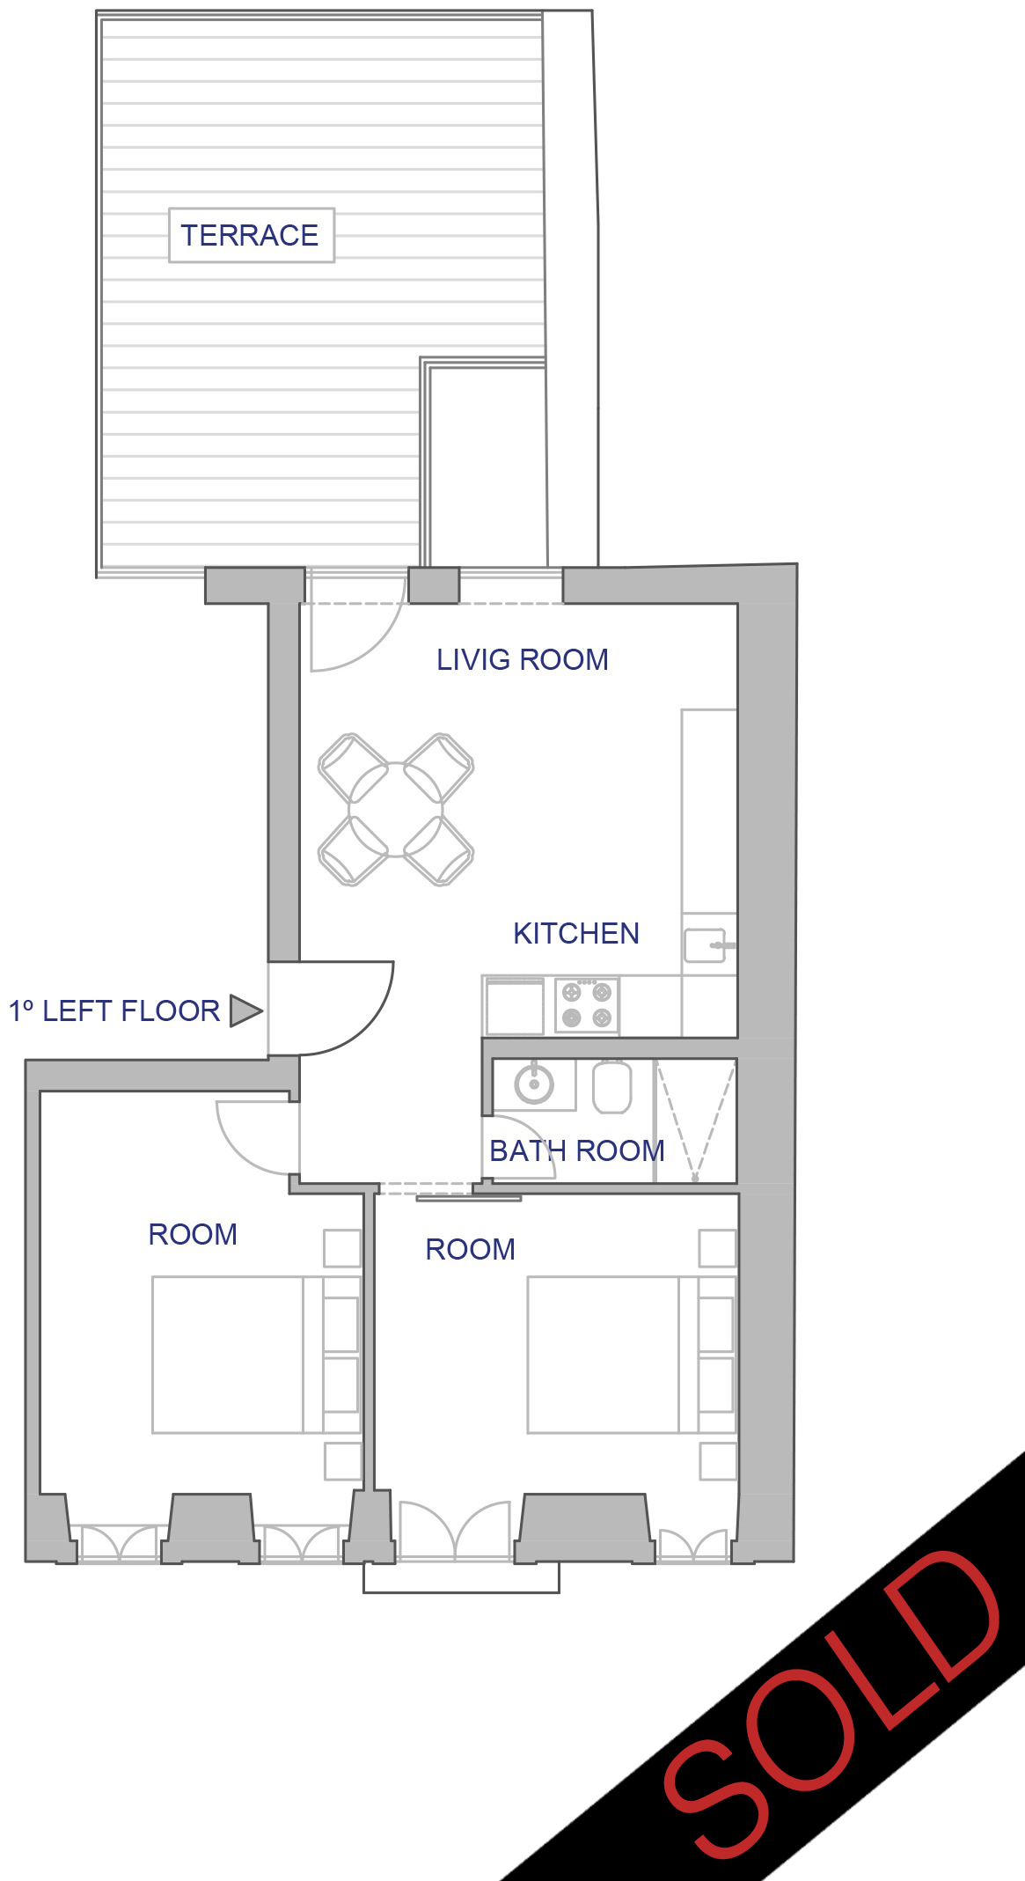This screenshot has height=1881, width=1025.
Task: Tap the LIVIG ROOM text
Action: [523, 659]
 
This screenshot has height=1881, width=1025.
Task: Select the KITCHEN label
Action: [576, 933]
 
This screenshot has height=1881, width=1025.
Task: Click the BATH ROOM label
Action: [577, 1150]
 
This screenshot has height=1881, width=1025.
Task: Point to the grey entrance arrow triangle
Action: [245, 1010]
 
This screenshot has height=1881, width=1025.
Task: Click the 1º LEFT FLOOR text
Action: [114, 1010]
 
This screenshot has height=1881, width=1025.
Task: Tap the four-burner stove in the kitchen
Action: [587, 1005]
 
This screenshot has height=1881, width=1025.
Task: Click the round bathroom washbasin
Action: [533, 1084]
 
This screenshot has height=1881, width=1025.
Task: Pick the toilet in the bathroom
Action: [612, 1087]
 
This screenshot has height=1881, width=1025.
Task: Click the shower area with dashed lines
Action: [696, 1121]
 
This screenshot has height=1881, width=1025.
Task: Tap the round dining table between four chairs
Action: [396, 809]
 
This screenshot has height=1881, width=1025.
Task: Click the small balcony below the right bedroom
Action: [461, 1577]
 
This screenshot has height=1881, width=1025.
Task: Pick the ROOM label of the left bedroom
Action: [193, 1234]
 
